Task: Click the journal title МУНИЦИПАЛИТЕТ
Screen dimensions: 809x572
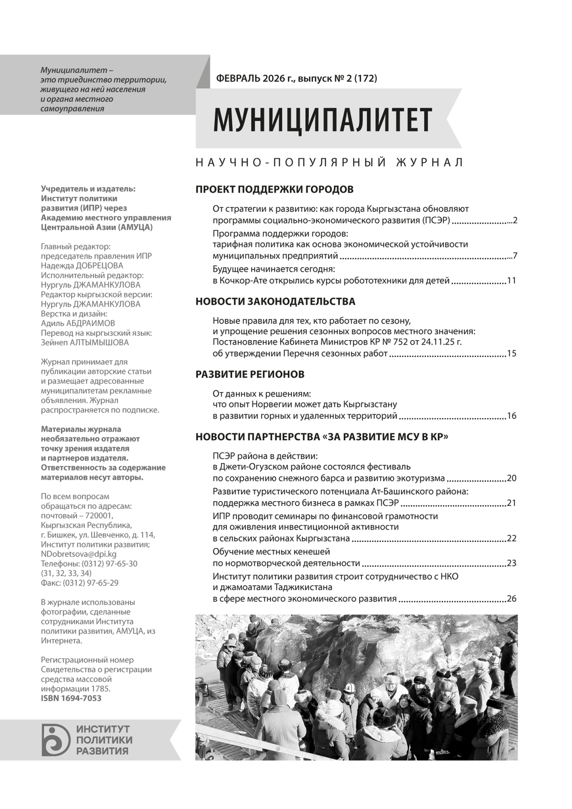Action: [x=323, y=120]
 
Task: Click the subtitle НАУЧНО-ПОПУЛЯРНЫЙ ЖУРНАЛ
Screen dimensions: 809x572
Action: [x=329, y=162]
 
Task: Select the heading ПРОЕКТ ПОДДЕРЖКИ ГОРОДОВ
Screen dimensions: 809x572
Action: [x=274, y=189]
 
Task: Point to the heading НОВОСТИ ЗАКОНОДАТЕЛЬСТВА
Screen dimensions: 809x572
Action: [x=275, y=302]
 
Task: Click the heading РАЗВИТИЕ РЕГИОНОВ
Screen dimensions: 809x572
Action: [x=250, y=374]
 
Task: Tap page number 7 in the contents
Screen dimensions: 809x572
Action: [x=514, y=256]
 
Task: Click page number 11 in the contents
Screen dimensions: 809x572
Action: [x=511, y=281]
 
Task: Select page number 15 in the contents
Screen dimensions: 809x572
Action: [x=511, y=354]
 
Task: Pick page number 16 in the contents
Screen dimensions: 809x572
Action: [x=511, y=416]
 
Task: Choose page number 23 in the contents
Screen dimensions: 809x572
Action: [x=511, y=563]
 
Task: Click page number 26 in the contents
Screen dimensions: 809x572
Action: [x=511, y=599]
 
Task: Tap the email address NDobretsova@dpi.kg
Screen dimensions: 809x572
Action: [x=79, y=554]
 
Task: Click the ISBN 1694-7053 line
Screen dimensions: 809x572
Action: [x=71, y=698]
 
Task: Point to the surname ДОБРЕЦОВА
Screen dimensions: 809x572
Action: [x=99, y=266]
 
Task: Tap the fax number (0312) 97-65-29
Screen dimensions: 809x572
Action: [x=93, y=583]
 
